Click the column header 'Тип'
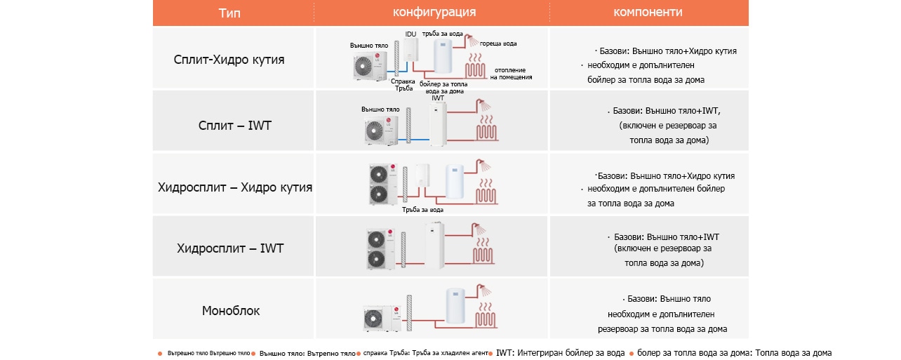tap(233, 13)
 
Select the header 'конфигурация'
tap(434, 13)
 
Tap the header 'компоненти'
tap(648, 13)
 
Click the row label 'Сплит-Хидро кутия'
tap(229, 59)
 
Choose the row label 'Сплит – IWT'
tap(234, 126)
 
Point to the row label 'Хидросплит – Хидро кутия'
tap(235, 187)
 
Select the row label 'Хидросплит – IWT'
tap(230, 248)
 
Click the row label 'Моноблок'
tap(231, 310)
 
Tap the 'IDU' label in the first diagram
tap(411, 34)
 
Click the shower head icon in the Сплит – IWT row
tap(483, 106)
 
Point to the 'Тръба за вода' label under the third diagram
tap(422, 209)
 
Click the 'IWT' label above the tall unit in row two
tap(438, 98)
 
